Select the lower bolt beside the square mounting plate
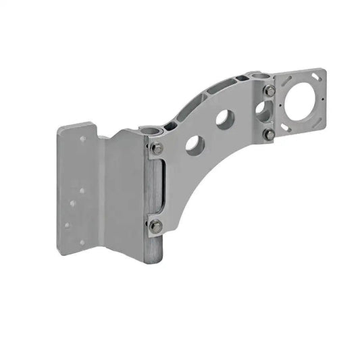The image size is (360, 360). click(269, 134)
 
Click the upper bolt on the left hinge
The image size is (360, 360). click(156, 148)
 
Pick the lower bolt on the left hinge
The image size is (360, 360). click(155, 226)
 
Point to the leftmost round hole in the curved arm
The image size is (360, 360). click(194, 145)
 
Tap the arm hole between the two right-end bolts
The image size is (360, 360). click(262, 111)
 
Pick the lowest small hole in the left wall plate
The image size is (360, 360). click(82, 242)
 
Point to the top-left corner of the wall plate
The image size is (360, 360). click(59, 129)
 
